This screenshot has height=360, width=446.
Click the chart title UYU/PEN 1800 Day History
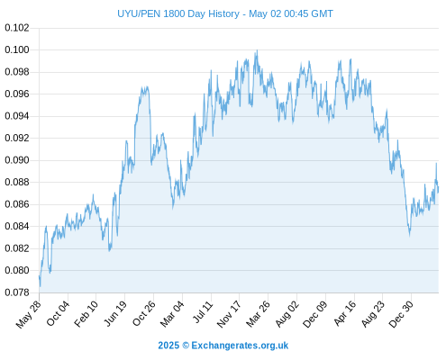pyautogui.click(x=178, y=13)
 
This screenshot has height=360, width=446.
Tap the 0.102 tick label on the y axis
pyautogui.click(x=17, y=28)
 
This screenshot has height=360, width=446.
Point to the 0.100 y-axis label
pyautogui.click(x=17, y=49)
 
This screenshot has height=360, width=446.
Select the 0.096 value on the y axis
pyautogui.click(x=17, y=94)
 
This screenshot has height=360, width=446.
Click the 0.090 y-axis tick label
pyautogui.click(x=17, y=160)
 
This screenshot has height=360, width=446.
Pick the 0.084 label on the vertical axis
pyautogui.click(x=17, y=226)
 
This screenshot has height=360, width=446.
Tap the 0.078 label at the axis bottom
pyautogui.click(x=17, y=292)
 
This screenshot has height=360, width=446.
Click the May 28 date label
pyautogui.click(x=28, y=314)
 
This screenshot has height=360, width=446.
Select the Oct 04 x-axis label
pyautogui.click(x=58, y=313)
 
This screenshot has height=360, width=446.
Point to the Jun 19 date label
pyautogui.click(x=115, y=313)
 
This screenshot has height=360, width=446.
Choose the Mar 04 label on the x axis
pyautogui.click(x=172, y=314)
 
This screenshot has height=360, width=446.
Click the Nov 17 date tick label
pyautogui.click(x=229, y=314)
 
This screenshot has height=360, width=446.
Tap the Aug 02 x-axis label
pyautogui.click(x=287, y=314)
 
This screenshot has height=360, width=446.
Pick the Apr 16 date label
pyautogui.click(x=345, y=313)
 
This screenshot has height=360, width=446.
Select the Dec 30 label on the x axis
pyautogui.click(x=401, y=314)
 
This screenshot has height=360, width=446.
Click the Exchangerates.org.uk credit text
pyautogui.click(x=240, y=346)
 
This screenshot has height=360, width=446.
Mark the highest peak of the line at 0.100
pyautogui.click(x=257, y=50)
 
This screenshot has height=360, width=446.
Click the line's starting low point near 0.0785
pyautogui.click(x=40, y=286)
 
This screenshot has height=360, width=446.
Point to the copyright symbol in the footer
pyautogui.click(x=186, y=346)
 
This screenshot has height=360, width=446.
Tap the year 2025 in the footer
pyautogui.click(x=168, y=346)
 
